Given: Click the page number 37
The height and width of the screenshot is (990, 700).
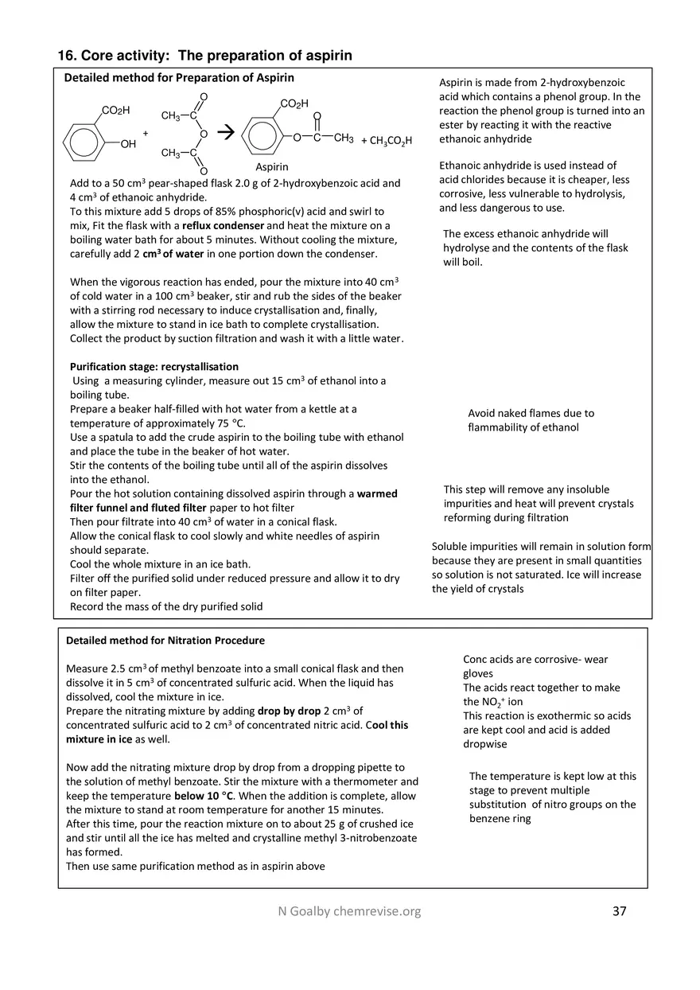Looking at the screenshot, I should coord(620,911).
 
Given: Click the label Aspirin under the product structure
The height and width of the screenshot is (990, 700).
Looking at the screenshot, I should coord(272,167).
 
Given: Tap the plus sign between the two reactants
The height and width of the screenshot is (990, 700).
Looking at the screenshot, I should coord(146,134).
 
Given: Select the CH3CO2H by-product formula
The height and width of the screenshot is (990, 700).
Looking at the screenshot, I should coord(387,141).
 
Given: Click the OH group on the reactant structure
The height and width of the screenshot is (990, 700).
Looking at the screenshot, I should coord(128,144).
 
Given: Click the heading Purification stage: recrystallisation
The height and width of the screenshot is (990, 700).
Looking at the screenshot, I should coord(154,367).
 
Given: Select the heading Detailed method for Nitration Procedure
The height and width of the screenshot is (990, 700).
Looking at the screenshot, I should coord(165,640).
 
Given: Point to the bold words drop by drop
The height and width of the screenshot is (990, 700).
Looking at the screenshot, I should coord(290,711).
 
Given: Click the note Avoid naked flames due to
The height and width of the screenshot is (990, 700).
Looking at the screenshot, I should coord(531,413).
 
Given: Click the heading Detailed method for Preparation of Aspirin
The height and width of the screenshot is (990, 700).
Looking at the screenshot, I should coord(179,78).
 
